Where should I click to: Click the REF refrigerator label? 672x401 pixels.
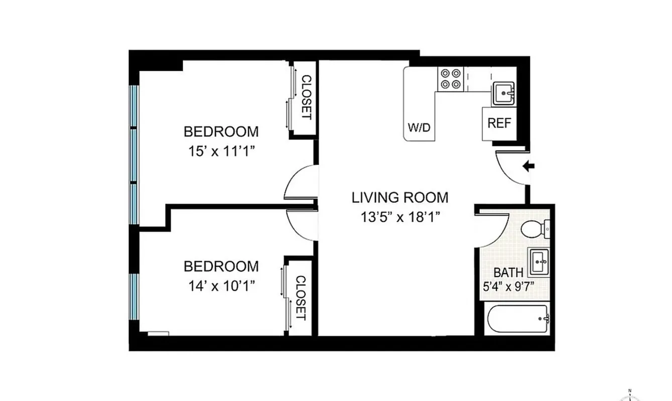tap(499, 123)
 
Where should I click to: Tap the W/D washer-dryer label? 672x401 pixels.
tap(419, 127)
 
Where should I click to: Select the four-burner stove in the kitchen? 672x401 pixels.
tap(450, 79)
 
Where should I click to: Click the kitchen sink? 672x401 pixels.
tap(503, 93)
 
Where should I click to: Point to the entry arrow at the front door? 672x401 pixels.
tap(529, 166)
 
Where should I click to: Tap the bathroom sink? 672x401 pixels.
tap(539, 261)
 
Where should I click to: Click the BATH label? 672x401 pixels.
tap(508, 273)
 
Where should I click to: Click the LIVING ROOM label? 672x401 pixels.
tap(400, 197)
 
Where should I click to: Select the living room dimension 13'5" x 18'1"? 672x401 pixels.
tap(400, 217)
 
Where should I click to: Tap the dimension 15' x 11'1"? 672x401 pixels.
tap(222, 151)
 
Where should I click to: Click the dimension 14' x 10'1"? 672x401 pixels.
tap(221, 286)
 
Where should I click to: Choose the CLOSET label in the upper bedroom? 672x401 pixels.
tap(306, 97)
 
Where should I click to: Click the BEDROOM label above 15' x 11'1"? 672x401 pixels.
tap(221, 132)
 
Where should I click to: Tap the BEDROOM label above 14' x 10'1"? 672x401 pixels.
tap(221, 266)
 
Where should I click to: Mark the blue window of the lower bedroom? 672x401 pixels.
tap(133, 296)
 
